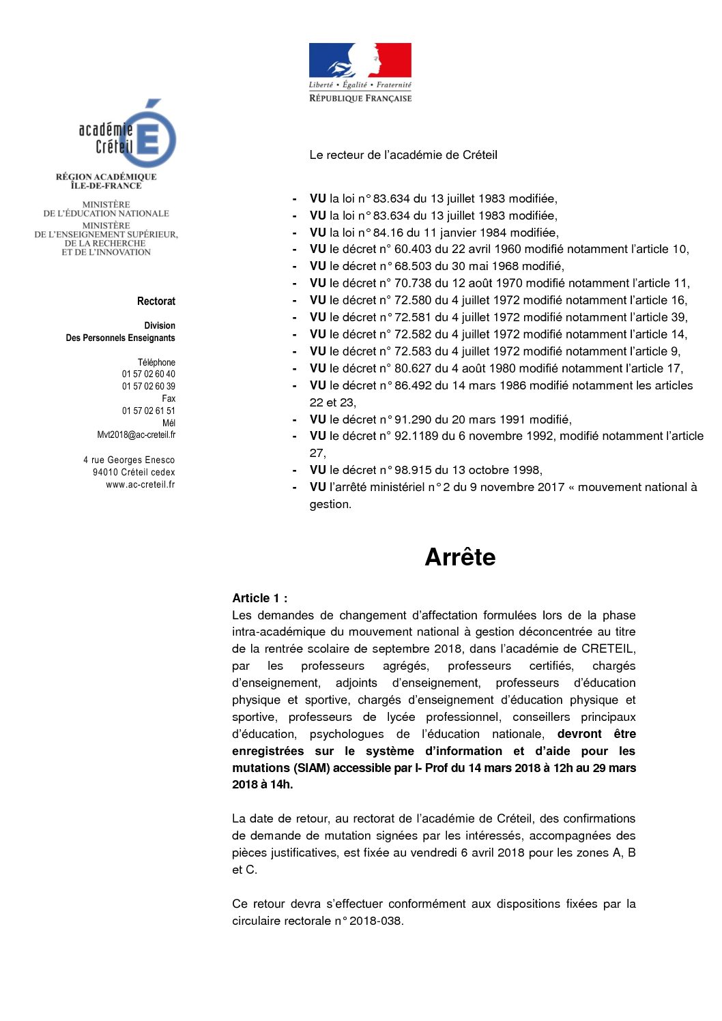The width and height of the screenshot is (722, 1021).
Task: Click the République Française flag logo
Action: (x=360, y=72)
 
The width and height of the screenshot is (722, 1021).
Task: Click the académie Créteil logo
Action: (x=128, y=135)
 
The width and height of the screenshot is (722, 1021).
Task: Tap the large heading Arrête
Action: (x=460, y=557)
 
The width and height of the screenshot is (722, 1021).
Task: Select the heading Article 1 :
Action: (x=259, y=598)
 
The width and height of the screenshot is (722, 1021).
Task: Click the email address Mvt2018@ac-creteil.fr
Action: (x=136, y=435)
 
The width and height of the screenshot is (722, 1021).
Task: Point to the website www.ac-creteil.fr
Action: (x=140, y=485)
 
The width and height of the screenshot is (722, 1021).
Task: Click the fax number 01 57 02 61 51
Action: (x=148, y=411)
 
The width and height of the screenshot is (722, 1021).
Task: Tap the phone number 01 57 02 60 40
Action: (x=148, y=374)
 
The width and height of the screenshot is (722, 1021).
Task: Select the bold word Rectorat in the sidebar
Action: (x=156, y=301)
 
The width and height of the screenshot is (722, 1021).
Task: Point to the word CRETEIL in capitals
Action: (x=608, y=649)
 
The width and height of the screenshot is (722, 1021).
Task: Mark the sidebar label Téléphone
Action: (x=156, y=362)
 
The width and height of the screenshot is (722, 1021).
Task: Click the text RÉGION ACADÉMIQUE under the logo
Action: (x=106, y=177)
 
